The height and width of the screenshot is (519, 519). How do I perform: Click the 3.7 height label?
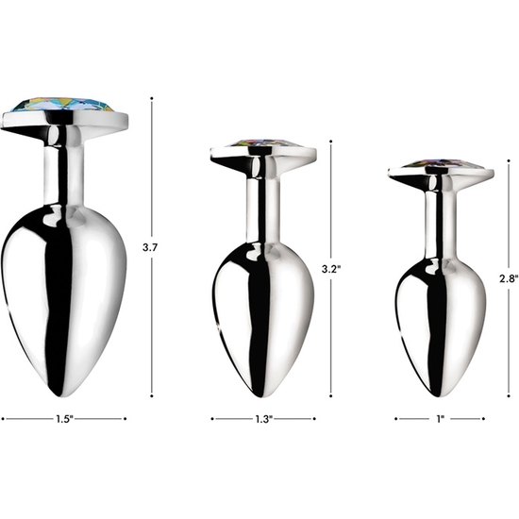point(150,247)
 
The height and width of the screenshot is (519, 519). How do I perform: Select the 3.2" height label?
point(331,269)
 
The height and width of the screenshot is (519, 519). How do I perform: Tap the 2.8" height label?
point(509,278)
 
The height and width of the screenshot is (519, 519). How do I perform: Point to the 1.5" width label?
point(64,419)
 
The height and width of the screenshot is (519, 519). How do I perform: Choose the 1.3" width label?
point(263,419)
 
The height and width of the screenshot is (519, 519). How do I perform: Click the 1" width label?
point(441,419)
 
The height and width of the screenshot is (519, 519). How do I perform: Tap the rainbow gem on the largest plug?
point(62,105)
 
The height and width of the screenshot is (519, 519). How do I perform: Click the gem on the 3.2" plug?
point(263,143)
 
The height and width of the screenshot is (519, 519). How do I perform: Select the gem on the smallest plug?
point(441,164)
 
